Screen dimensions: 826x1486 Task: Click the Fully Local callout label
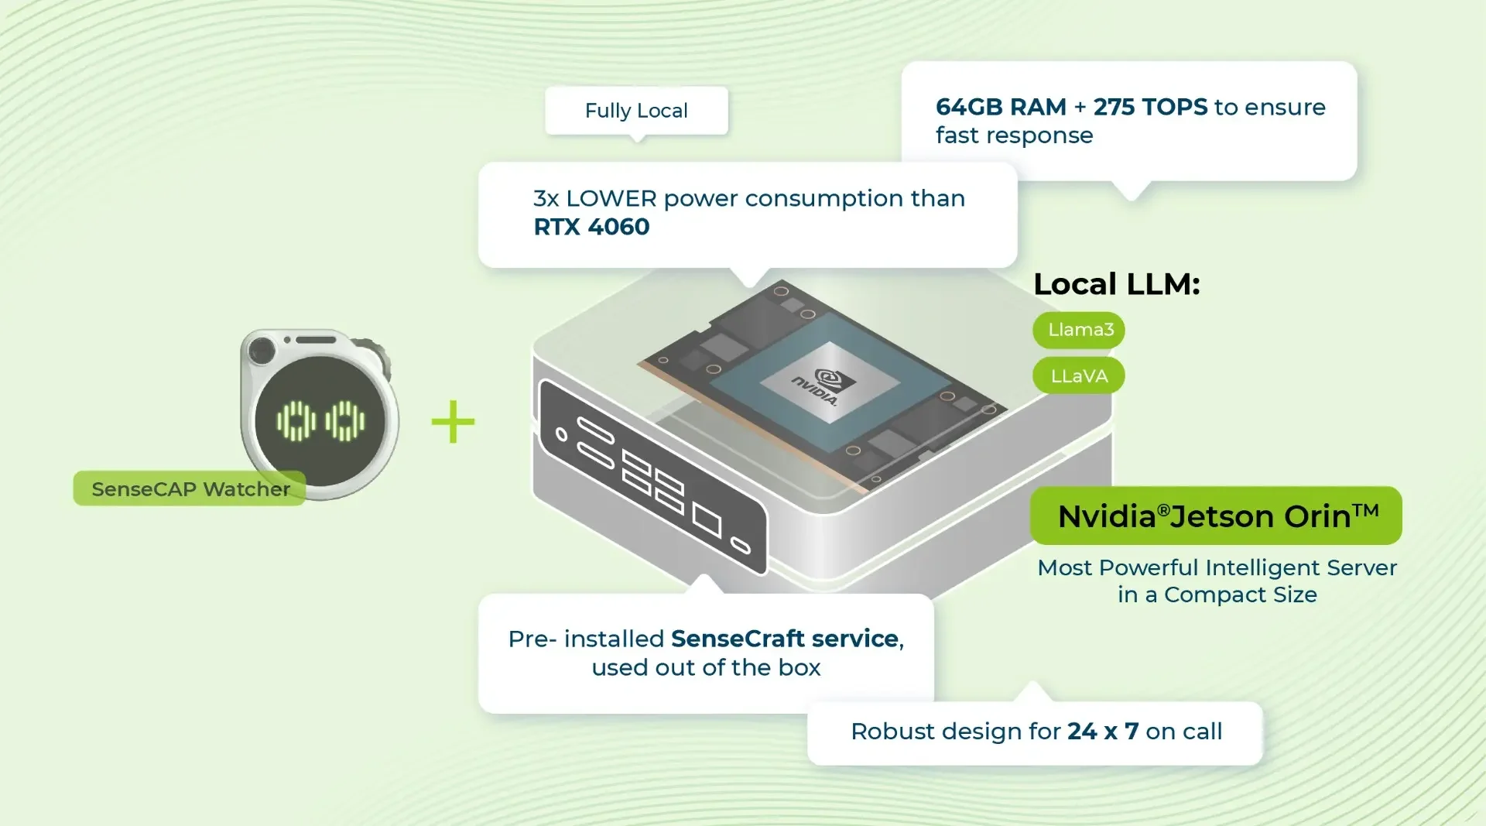[x=636, y=111]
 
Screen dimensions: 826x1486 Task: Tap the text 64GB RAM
[x=1000, y=107]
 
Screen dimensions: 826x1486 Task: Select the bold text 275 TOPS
[x=1150, y=107]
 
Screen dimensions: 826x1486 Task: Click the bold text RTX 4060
[x=591, y=227]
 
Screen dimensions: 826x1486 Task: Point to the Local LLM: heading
[x=1116, y=284]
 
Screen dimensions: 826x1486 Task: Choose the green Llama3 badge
[x=1079, y=330]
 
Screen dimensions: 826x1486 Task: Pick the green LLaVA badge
[x=1078, y=376]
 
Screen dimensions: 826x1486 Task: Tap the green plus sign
[x=453, y=422]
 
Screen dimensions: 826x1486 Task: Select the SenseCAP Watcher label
[x=190, y=489]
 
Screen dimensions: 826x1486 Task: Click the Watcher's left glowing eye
[x=296, y=421]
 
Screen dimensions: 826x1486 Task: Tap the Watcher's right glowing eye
[x=345, y=421]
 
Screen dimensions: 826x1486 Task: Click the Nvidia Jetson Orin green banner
[x=1216, y=516]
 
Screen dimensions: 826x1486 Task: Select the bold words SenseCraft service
[x=784, y=639]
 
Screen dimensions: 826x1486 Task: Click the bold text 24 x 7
[x=1102, y=732]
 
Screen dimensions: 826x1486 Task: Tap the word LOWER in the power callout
[x=611, y=199]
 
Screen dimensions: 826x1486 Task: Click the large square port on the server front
[x=707, y=519]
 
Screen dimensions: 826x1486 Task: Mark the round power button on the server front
[x=562, y=435]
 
